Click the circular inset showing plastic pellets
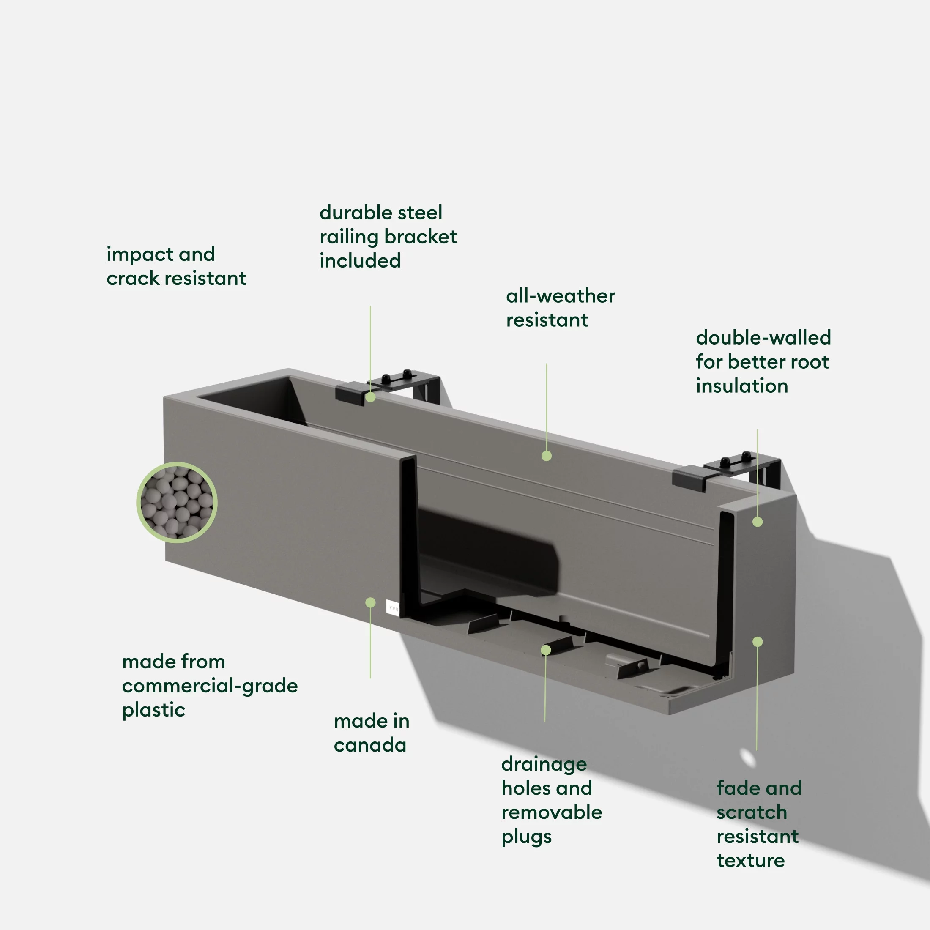(x=177, y=503)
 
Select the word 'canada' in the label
(x=370, y=745)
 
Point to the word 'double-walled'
(x=763, y=338)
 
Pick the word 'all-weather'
(x=560, y=296)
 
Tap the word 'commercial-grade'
(x=210, y=686)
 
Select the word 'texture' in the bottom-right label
(x=750, y=860)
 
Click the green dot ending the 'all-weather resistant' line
(x=546, y=456)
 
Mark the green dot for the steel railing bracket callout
(x=370, y=397)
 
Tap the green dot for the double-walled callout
(x=757, y=522)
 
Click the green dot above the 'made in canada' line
(x=370, y=603)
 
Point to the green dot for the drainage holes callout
(x=545, y=650)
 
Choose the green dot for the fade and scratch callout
(x=757, y=642)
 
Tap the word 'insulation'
(x=742, y=386)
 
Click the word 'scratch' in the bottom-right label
(x=752, y=812)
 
